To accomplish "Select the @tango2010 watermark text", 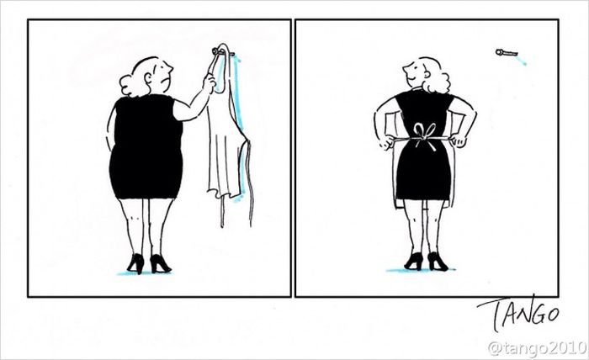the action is point(538,348).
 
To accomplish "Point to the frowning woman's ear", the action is point(148,77).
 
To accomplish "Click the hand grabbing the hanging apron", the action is point(209,82).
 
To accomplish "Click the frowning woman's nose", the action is point(170,70).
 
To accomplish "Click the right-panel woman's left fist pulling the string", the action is point(385,142).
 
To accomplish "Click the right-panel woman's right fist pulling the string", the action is point(459,140).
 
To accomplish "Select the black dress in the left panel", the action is point(146,146).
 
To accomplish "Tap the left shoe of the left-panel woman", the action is point(135,262).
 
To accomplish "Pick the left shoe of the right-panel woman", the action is point(414,262).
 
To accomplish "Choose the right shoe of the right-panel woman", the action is point(438,262).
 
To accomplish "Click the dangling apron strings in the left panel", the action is point(251,184).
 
